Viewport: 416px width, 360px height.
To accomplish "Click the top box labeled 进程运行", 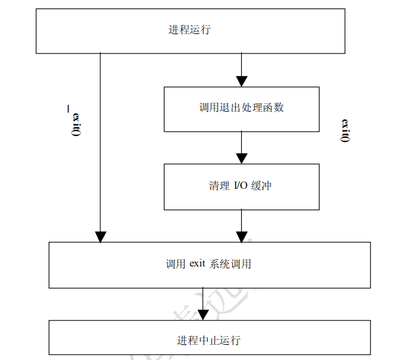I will (191, 30).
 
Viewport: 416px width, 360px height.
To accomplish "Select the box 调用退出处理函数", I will (241, 109).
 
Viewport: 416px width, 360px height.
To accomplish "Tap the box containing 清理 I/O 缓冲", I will (241, 186).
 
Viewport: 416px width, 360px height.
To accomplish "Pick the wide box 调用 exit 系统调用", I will (209, 265).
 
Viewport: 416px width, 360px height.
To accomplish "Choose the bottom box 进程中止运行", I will (209, 339).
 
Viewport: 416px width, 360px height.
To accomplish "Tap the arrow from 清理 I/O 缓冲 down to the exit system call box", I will (242, 226).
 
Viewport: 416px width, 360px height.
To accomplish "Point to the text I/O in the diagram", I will (241, 186).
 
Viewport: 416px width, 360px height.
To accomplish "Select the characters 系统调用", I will (231, 265).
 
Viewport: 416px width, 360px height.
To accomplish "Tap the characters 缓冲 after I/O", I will (264, 186).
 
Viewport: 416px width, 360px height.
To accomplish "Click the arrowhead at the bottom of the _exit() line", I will (100, 236).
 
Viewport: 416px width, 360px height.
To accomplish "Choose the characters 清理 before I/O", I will (218, 186).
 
